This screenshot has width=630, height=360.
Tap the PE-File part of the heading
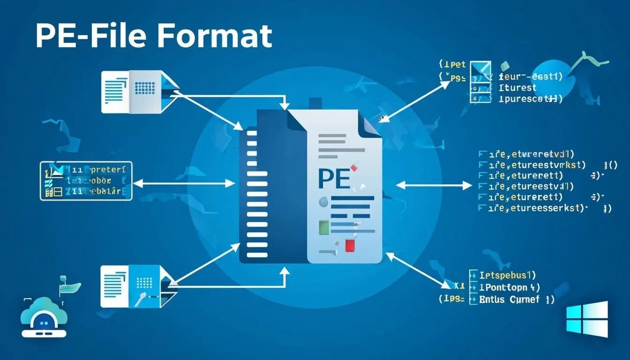click(x=89, y=37)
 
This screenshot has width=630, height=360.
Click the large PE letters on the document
click(x=333, y=178)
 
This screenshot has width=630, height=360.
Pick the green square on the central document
click(x=324, y=227)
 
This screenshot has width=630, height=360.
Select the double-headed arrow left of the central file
click(x=184, y=184)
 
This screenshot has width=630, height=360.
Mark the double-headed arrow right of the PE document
click(x=434, y=185)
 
